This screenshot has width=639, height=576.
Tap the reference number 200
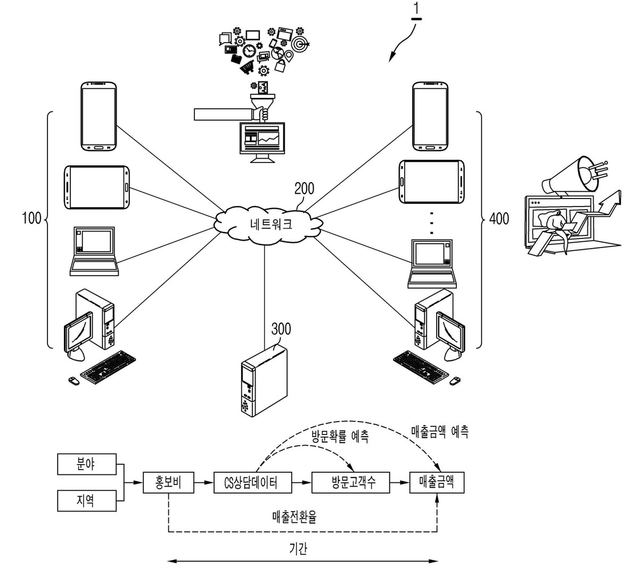point(304,188)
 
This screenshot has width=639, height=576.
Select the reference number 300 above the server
point(281,329)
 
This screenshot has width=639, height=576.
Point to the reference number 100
point(31,219)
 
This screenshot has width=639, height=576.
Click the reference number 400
point(499,219)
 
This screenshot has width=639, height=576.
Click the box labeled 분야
point(87,464)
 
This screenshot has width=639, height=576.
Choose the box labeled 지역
point(87,501)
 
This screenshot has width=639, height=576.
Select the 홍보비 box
point(168,482)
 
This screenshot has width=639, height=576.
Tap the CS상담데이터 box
point(252,482)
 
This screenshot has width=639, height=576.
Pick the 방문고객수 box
point(350,482)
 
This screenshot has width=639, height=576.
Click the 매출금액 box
point(437,482)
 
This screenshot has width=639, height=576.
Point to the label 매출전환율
point(294,517)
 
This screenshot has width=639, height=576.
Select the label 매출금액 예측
point(440,432)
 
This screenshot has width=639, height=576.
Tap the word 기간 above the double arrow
point(298,549)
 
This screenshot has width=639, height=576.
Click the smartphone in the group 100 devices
point(99,116)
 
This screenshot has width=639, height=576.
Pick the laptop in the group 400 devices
point(432,264)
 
